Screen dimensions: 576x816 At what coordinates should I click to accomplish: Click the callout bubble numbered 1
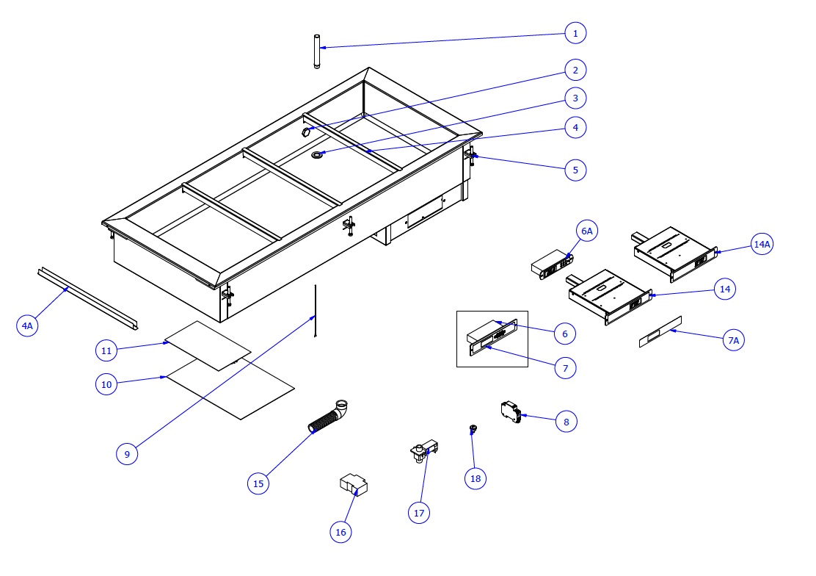point(575,33)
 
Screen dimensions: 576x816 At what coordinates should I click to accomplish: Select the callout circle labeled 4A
point(27,325)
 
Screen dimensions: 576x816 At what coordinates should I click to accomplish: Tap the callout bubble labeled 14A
point(762,245)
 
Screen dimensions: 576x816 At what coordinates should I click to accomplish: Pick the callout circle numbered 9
point(127,454)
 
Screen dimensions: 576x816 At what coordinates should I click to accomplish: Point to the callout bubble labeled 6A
point(586,231)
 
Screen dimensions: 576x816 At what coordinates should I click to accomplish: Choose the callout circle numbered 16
point(340,531)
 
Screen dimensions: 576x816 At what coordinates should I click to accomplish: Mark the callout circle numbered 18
point(476,478)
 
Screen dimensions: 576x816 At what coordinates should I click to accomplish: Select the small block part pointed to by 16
point(353,486)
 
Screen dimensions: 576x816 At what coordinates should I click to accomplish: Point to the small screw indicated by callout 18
point(473,428)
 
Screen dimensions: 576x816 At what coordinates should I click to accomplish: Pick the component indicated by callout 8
point(510,412)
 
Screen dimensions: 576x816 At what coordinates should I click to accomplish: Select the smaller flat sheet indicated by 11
point(208,345)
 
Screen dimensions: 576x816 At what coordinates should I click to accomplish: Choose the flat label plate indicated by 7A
point(660,331)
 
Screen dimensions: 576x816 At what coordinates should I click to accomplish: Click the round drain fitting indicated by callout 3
point(319,155)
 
